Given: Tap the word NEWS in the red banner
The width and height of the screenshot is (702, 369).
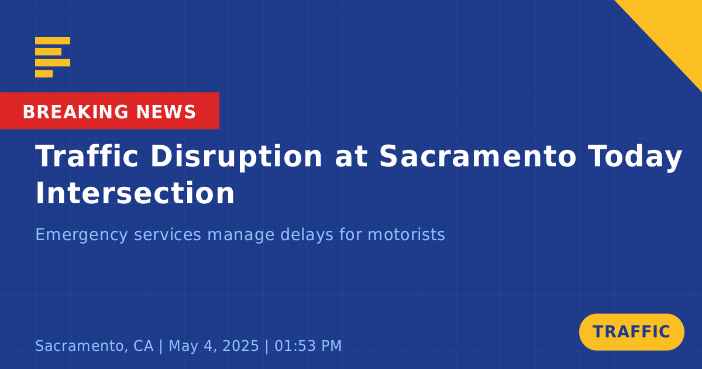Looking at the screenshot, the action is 166,112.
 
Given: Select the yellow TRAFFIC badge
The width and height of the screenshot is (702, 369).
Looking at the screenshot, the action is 631,332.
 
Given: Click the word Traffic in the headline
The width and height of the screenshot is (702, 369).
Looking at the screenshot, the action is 87,156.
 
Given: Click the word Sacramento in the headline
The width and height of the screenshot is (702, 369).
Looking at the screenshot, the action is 477,156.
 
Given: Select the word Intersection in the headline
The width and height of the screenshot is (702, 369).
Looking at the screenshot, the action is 135,193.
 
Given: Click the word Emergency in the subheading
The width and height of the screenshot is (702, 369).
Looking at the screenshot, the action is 81,235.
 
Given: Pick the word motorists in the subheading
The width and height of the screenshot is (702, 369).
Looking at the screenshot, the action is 406,234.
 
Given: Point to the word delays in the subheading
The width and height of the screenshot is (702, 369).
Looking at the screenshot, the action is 307,235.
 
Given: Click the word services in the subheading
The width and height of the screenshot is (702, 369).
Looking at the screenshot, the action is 168,235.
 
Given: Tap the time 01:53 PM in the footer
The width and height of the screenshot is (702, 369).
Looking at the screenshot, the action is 308,346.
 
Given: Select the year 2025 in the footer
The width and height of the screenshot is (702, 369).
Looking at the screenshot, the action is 240,346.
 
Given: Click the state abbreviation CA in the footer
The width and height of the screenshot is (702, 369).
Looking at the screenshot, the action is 143,346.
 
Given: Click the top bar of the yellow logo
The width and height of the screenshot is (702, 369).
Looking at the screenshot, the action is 53,40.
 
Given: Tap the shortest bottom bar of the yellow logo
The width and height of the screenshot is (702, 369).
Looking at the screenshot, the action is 44,74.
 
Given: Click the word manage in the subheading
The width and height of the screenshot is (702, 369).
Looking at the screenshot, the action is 240,235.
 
